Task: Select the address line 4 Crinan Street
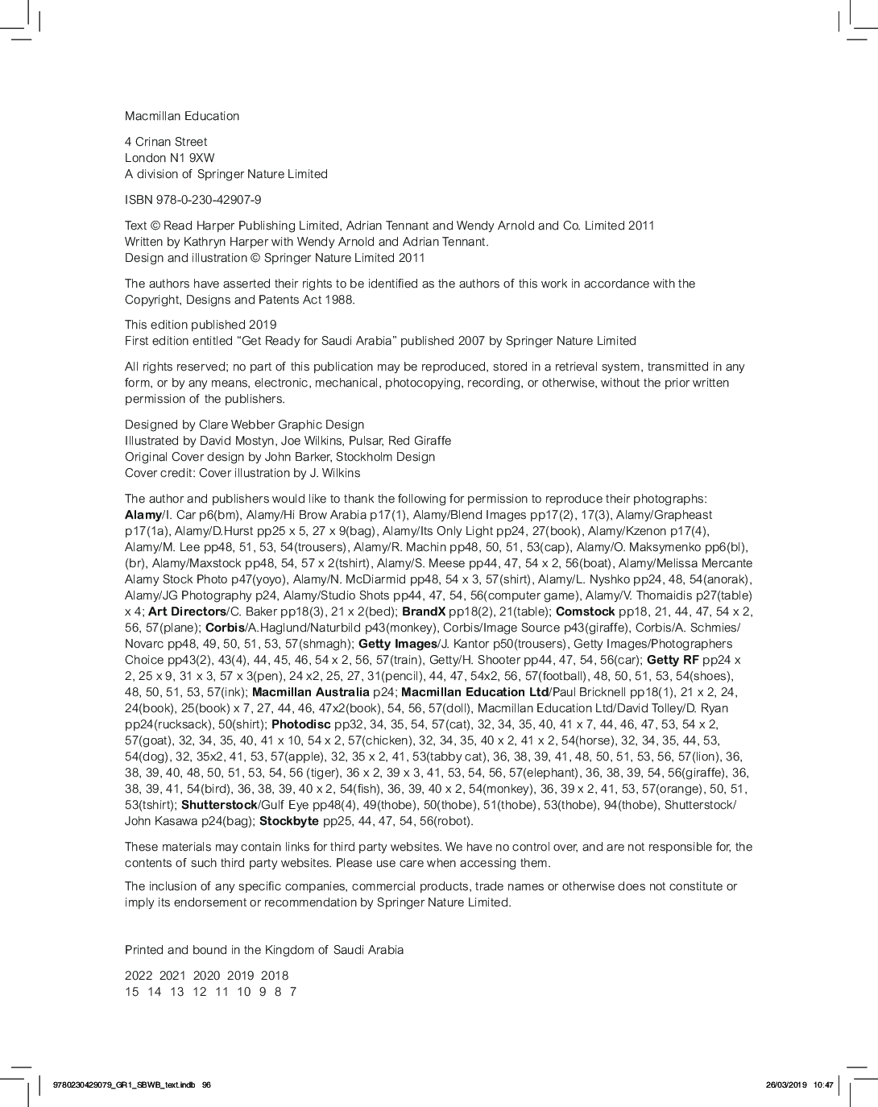coord(166,142)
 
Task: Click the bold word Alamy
coord(143,515)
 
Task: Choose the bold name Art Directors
coord(187,612)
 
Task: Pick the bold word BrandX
coord(424,612)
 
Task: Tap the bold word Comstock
coord(585,612)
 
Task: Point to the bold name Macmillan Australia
coord(310,692)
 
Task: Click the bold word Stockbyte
coord(289,821)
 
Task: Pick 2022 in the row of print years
coord(139,976)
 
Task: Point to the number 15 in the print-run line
coord(132,992)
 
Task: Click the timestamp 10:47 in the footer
coord(823,1084)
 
